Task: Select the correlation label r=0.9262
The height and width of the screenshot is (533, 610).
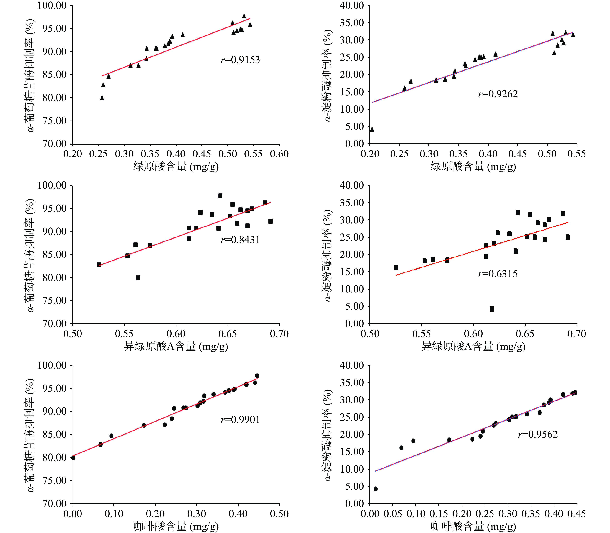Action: point(498,94)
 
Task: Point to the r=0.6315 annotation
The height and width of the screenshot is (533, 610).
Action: point(498,274)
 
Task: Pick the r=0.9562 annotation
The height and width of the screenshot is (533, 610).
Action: point(538,435)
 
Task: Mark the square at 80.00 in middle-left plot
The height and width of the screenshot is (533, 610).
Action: point(138,278)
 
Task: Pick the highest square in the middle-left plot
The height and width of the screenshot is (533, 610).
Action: point(220,196)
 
